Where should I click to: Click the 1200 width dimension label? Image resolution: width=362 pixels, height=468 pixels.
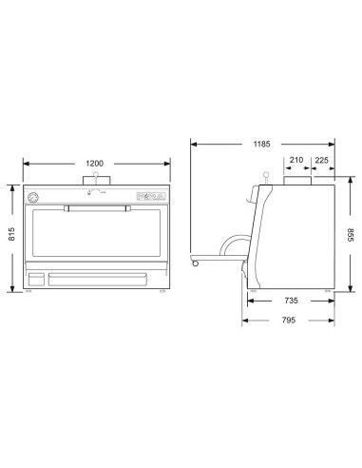click(94, 164)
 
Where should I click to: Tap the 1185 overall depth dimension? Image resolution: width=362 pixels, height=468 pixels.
click(261, 145)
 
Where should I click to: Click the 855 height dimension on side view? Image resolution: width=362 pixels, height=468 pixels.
click(352, 234)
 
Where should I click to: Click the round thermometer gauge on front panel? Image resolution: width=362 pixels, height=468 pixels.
click(35, 198)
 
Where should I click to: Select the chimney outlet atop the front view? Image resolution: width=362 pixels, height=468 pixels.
click(94, 181)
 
